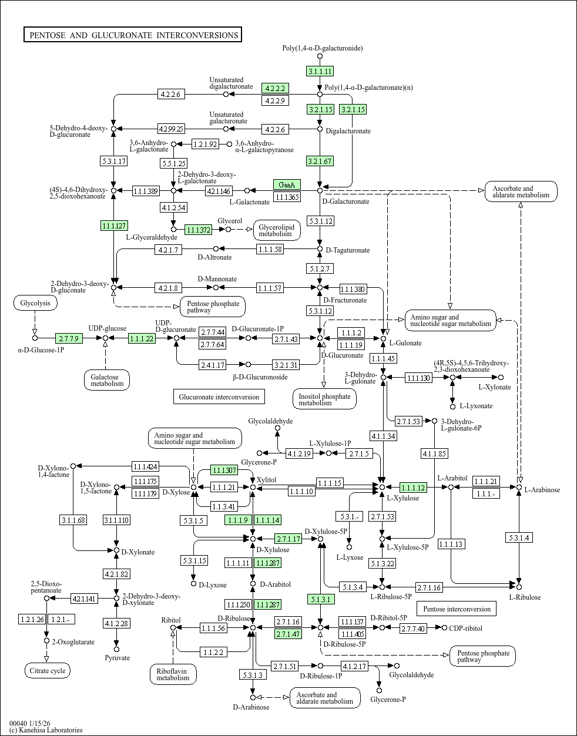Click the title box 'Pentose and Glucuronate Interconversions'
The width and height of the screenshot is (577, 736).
133,35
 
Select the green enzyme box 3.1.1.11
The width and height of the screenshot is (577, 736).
320,72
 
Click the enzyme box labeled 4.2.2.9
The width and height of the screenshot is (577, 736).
275,100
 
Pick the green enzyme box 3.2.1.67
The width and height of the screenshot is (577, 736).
320,161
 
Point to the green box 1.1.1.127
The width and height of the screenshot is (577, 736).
115,226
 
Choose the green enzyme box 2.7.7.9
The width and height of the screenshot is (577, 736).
69,338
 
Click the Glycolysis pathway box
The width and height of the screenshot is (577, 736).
35,303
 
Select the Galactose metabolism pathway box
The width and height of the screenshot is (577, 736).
106,380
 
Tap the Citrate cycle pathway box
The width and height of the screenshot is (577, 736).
47,671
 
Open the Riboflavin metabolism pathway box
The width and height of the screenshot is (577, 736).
173,674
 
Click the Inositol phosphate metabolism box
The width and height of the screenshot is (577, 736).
324,399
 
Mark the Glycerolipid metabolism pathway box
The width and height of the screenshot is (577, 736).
277,230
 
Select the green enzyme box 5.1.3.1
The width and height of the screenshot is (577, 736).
320,600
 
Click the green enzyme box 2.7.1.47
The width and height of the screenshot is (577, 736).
288,634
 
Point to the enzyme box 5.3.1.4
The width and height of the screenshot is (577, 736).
519,537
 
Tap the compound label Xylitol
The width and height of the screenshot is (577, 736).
267,480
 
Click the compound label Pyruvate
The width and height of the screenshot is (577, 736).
118,658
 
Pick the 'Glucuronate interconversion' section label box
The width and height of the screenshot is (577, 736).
219,397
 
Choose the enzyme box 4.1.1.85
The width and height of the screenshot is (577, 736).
434,453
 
